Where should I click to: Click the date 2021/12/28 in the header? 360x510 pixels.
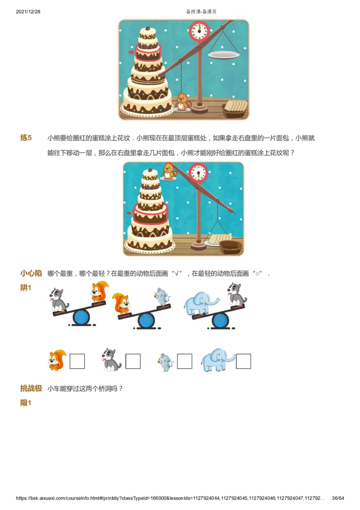coord(29,12)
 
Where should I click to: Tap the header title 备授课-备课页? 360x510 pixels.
coord(201,12)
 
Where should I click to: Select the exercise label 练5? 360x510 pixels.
coord(26,138)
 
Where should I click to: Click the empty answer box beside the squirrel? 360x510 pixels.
coord(77,361)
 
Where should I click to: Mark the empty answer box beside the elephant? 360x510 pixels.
coord(243,361)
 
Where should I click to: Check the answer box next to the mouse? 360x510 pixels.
coord(184,361)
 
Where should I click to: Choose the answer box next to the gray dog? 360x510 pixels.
coord(133,361)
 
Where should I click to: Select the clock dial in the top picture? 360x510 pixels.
coord(199,32)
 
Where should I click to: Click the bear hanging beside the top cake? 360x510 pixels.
coord(182,102)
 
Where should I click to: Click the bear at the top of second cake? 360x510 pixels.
coord(169,171)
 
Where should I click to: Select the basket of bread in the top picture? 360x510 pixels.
coord(235,108)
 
